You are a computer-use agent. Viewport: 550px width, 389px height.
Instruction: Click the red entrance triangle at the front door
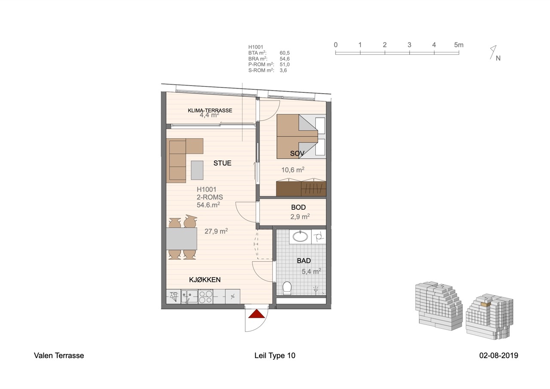[257, 314]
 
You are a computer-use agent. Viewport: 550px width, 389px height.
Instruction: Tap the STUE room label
[222, 163]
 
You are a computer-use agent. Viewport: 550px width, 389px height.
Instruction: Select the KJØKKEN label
[205, 279]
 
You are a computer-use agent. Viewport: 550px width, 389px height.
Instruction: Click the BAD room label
[304, 260]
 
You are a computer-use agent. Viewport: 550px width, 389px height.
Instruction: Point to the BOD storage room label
[298, 207]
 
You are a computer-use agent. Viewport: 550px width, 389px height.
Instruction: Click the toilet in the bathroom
[287, 288]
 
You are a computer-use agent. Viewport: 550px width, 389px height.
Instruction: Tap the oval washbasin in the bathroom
[300, 237]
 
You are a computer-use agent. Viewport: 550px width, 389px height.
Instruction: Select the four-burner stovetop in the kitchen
[205, 297]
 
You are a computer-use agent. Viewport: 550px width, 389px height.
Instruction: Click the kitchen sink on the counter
[189, 297]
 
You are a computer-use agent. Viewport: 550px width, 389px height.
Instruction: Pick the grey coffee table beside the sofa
[197, 170]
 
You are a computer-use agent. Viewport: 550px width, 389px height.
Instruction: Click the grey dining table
[182, 239]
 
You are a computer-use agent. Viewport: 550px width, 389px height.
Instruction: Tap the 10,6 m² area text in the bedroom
[293, 170]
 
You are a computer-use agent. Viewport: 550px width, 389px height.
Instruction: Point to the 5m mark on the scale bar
[458, 45]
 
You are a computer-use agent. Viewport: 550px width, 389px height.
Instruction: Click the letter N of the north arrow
[498, 58]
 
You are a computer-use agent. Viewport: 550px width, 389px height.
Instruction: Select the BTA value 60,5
[284, 53]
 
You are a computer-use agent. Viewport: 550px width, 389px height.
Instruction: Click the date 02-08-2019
[499, 355]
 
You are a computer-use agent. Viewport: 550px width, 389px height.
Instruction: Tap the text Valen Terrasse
[59, 355]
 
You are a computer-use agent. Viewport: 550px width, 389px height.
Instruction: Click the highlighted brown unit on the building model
[486, 304]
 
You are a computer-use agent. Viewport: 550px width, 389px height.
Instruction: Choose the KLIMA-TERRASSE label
[210, 110]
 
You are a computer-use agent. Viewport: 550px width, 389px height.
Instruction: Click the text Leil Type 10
[275, 355]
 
